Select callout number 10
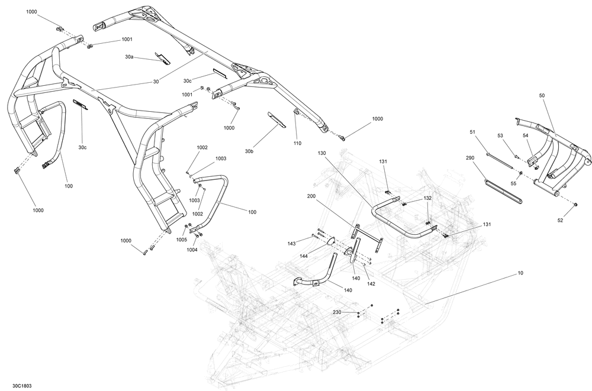click(521, 273)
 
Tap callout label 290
click(471, 158)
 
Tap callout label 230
click(337, 312)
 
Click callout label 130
click(321, 153)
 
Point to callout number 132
click(427, 198)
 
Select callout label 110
click(297, 143)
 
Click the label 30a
click(130, 57)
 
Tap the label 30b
click(249, 151)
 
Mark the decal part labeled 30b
click(276, 119)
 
